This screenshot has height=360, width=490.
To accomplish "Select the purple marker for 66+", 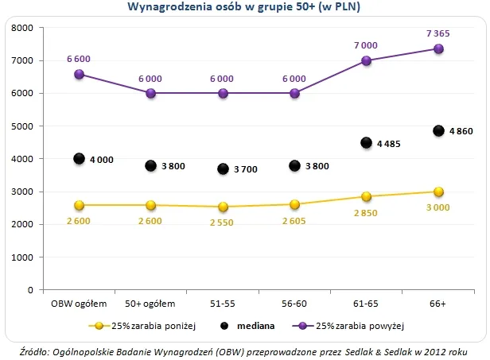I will pos(438,48).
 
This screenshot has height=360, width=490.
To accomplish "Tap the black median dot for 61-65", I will pos(367,143).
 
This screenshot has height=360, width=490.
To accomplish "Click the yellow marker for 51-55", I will pos(223,207).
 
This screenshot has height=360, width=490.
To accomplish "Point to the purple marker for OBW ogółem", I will pos(79,74).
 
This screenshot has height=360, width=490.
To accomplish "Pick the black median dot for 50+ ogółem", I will pos(151,165).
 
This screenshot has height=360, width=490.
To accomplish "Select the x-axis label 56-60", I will pos(294,303).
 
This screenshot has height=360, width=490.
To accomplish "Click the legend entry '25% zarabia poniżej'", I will pos(148,326).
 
